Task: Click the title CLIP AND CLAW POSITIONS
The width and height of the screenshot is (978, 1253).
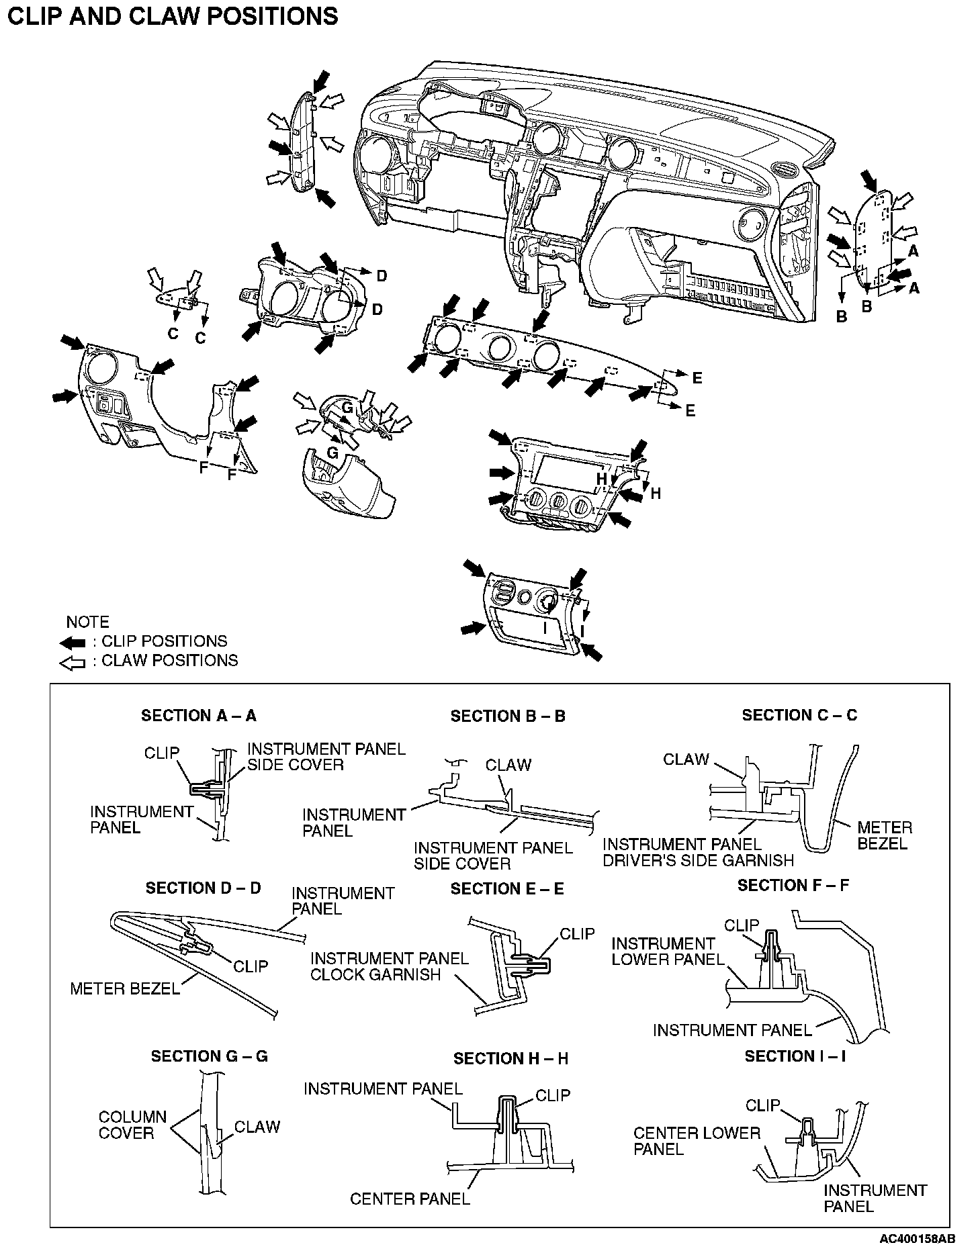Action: (172, 15)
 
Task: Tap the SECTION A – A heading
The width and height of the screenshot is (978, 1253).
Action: (198, 716)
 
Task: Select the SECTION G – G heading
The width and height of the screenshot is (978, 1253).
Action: (209, 1056)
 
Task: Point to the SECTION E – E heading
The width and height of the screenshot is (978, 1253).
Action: (507, 889)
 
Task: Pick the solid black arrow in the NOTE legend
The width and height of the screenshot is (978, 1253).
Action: (73, 642)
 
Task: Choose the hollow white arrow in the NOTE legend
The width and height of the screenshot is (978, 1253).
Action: (73, 663)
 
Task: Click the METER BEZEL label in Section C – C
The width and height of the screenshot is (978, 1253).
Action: (885, 835)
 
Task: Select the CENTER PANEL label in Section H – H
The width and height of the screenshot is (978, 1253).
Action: (410, 1199)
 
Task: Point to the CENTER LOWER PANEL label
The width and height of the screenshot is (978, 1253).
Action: (697, 1141)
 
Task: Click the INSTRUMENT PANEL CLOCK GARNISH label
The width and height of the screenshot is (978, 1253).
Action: (389, 966)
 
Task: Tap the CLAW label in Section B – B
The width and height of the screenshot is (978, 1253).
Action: (508, 765)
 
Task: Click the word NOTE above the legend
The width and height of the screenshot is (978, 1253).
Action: (87, 622)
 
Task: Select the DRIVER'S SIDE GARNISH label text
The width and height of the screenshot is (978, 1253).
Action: (699, 860)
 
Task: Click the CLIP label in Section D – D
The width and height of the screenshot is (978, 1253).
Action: (251, 966)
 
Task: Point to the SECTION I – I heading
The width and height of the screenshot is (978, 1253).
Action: (795, 1056)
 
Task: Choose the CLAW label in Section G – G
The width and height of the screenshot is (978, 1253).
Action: (257, 1127)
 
